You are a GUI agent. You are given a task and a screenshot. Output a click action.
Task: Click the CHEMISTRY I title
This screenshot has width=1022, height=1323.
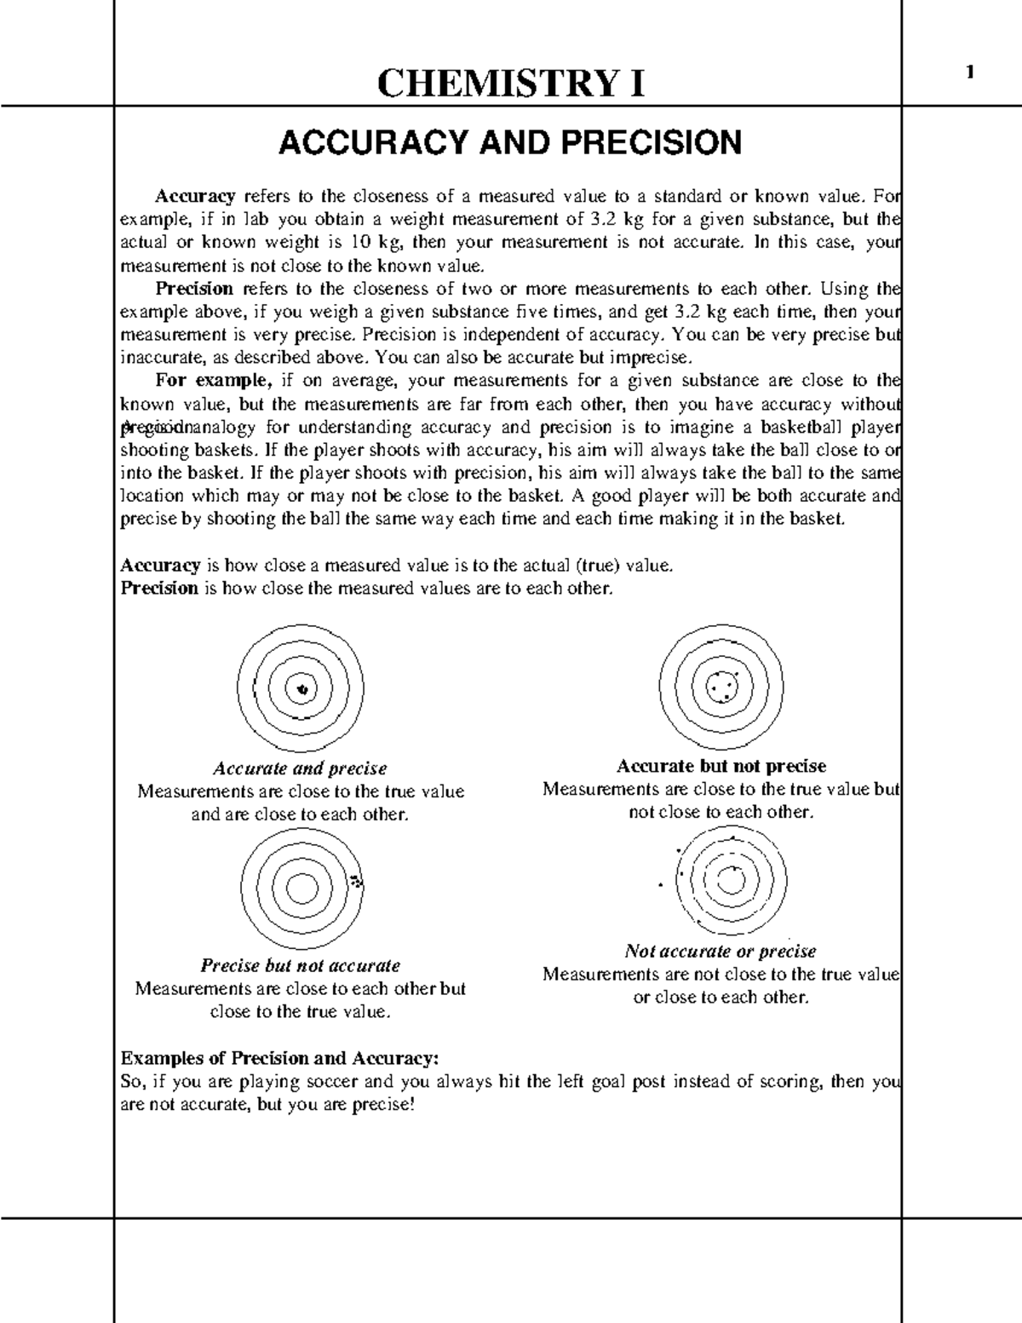click(510, 83)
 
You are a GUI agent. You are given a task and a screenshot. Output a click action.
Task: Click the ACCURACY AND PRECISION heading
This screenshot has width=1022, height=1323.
click(510, 142)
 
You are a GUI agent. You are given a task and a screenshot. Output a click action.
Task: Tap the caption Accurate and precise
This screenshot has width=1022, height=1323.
click(300, 768)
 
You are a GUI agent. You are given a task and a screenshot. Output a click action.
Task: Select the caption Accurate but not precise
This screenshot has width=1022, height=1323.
click(721, 766)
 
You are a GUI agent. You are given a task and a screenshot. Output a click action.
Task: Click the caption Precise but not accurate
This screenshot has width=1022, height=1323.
click(300, 965)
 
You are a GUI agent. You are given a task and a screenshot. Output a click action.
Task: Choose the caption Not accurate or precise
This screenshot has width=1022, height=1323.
click(721, 951)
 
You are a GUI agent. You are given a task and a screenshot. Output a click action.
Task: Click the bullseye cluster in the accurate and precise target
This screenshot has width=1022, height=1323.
click(301, 688)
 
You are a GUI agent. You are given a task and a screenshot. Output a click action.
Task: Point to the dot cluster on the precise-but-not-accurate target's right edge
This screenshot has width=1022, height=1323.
click(357, 883)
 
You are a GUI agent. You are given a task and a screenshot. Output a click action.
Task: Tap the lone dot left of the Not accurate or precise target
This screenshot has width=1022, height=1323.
click(660, 885)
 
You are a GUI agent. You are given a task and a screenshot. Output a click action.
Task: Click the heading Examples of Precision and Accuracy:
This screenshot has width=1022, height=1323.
click(280, 1058)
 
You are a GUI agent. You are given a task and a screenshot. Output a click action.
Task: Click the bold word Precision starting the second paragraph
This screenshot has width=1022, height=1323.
click(194, 289)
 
